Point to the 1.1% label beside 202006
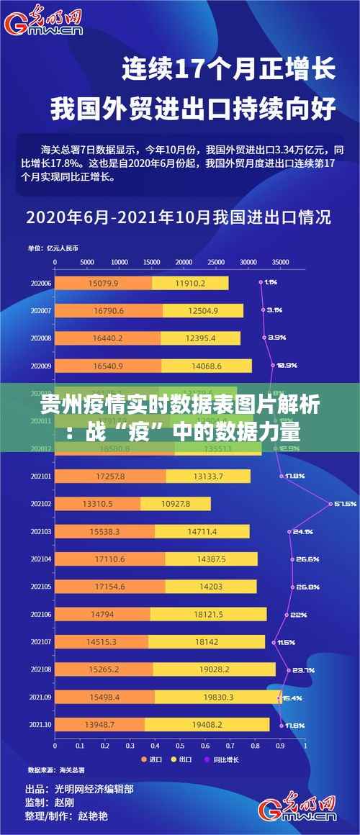271,282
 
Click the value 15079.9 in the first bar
103,284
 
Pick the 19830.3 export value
215,697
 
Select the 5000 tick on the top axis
87,262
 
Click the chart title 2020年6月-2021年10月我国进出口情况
179,216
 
